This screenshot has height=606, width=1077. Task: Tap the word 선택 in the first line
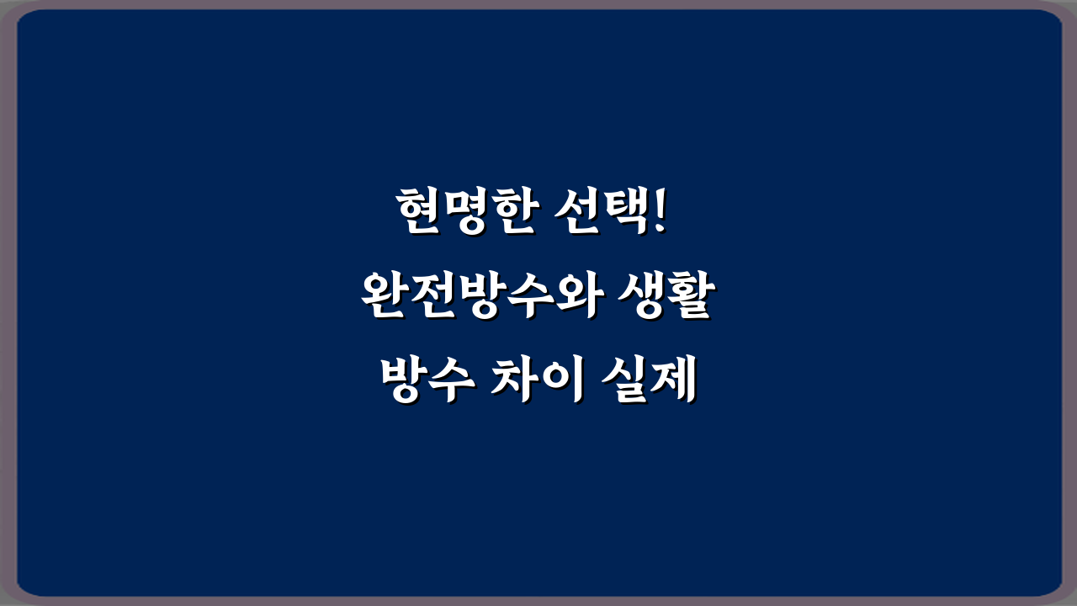tap(598, 212)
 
